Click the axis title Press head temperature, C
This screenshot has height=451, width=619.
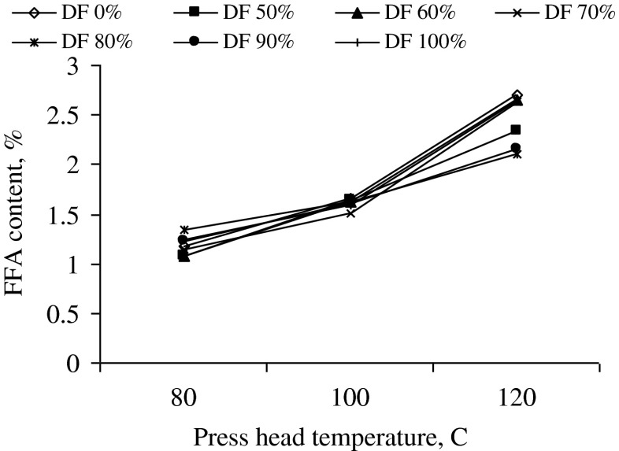[350, 435]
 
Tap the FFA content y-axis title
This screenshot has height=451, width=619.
[21, 213]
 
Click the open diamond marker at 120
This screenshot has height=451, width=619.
[517, 96]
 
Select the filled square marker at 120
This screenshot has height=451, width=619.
[517, 130]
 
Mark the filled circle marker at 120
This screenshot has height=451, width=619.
[516, 148]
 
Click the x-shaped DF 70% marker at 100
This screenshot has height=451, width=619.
[350, 213]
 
